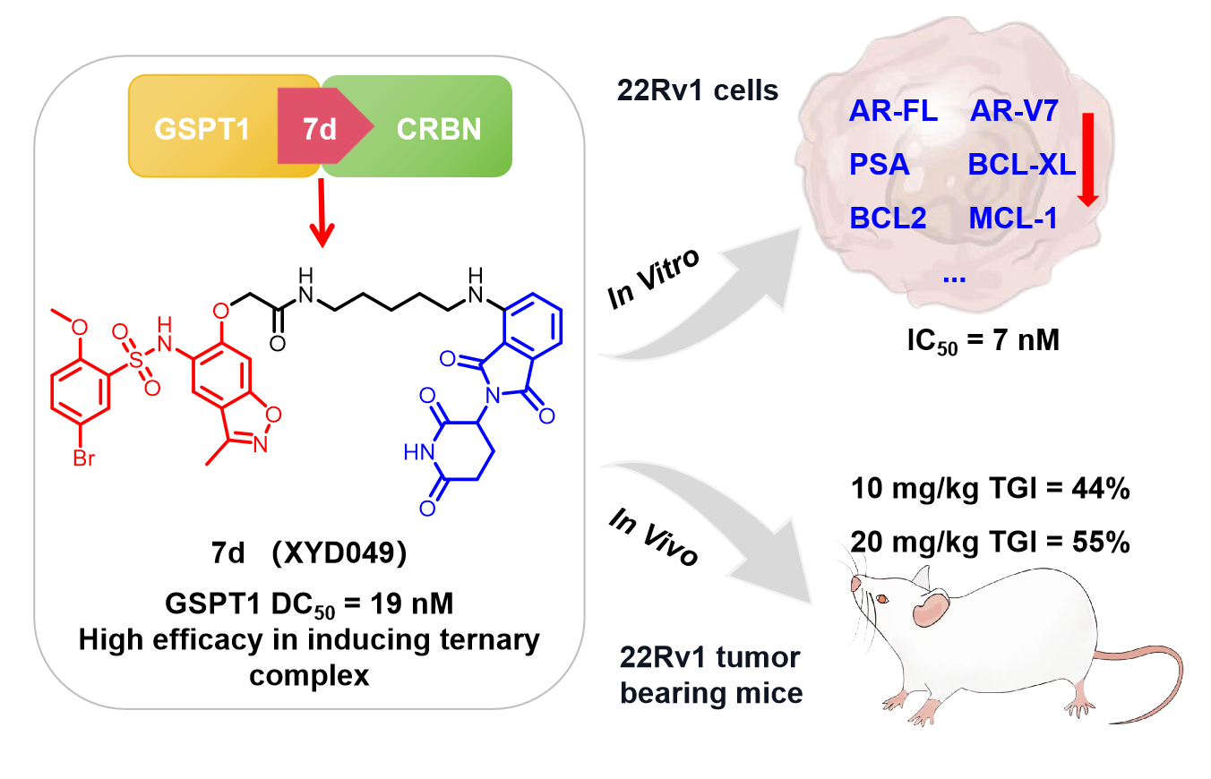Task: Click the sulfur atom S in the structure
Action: click(x=136, y=358)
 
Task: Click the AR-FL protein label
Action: click(x=893, y=113)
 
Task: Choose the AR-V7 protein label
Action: click(x=1014, y=113)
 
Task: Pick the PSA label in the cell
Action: click(x=879, y=166)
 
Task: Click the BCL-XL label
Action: click(x=1021, y=166)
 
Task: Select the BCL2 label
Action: click(x=888, y=218)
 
